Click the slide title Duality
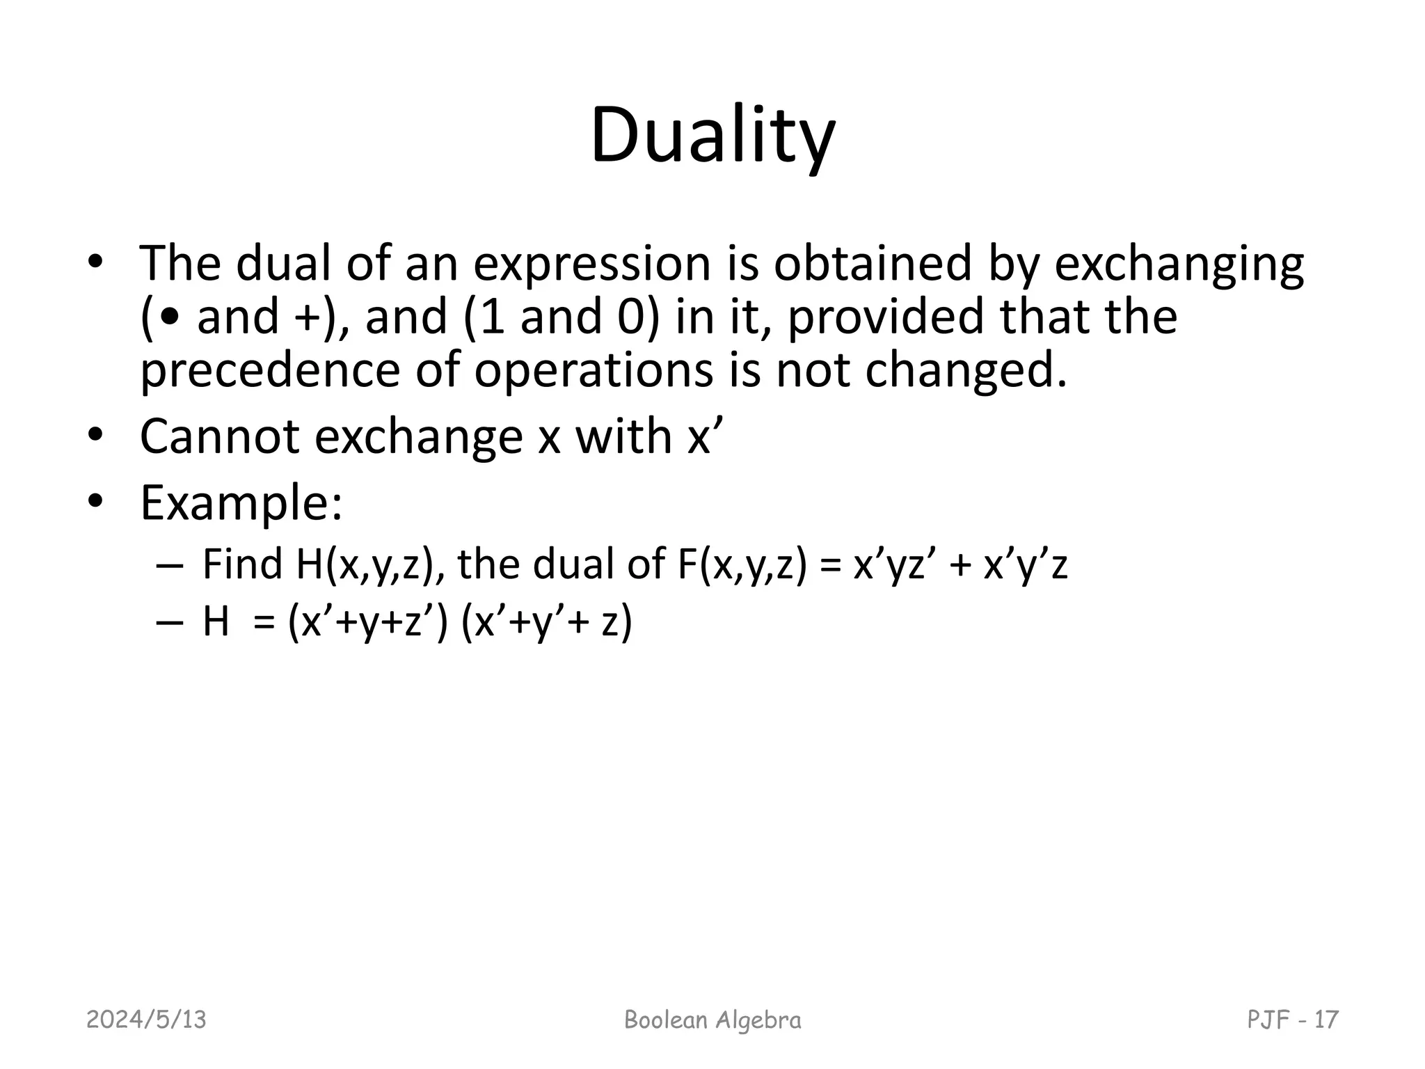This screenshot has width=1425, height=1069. click(x=712, y=136)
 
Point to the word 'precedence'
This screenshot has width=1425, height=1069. click(x=270, y=370)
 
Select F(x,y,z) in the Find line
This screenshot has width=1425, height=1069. click(x=742, y=565)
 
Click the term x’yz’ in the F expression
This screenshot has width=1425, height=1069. click(x=897, y=565)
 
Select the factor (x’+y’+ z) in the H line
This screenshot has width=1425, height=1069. click(x=547, y=622)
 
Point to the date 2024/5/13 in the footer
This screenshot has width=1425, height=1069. click(x=146, y=1020)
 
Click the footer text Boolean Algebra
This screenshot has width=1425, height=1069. click(x=712, y=1020)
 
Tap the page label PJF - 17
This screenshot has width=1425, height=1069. click(x=1292, y=1020)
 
